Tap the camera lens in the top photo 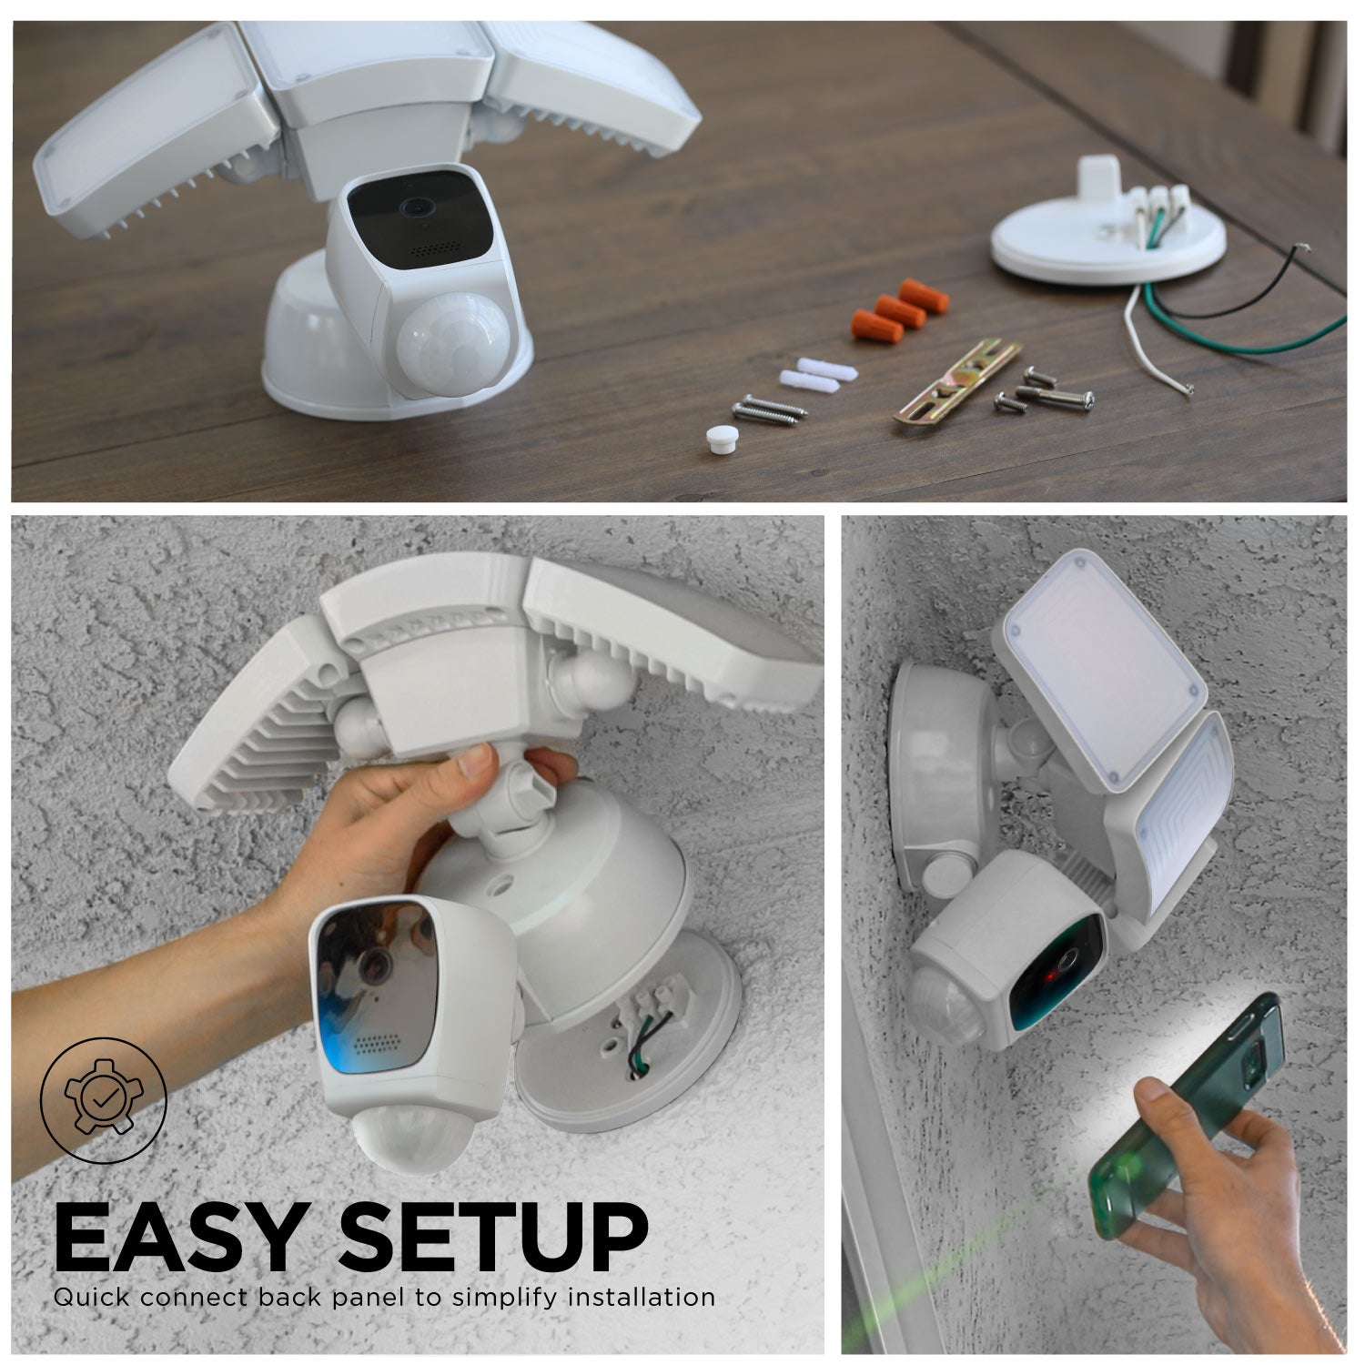tap(418, 207)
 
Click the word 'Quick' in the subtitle tap(88, 1297)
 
